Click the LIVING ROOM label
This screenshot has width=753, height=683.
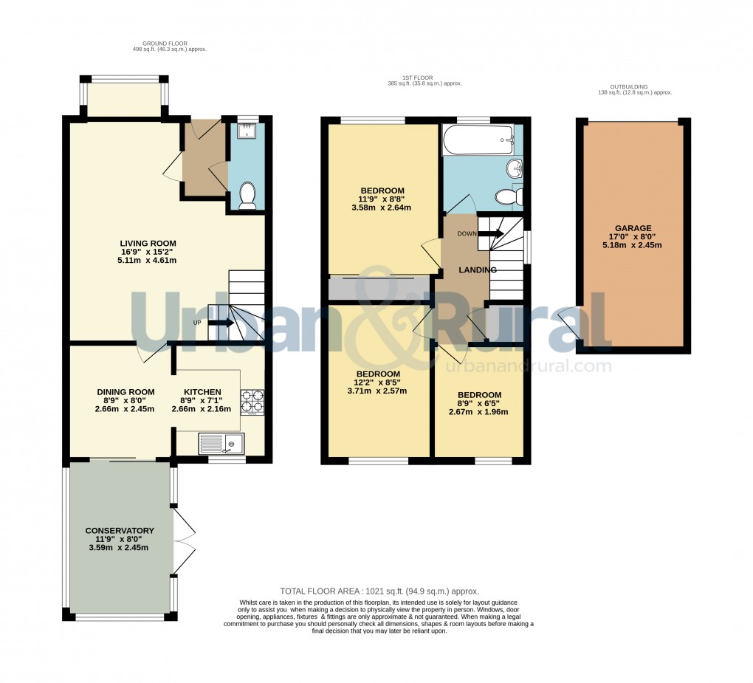(x=148, y=243)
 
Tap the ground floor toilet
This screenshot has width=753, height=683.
(x=247, y=196)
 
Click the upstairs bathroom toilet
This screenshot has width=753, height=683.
(x=509, y=196)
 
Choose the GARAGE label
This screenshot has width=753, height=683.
(x=634, y=228)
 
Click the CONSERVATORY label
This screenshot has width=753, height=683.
(x=119, y=531)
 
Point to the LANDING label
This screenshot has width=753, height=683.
(x=478, y=270)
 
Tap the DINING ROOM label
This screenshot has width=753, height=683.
(x=125, y=392)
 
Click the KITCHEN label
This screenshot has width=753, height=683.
(x=202, y=392)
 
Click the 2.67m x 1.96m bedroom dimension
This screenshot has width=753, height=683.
(x=478, y=412)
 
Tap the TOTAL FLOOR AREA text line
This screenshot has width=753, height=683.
(x=379, y=591)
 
